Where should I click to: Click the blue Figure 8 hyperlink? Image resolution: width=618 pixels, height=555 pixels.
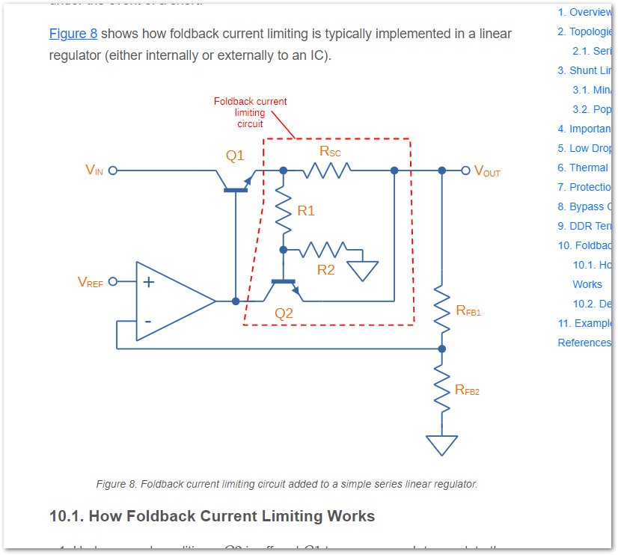coord(73,34)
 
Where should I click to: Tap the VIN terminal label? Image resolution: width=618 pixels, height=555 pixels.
coord(94,171)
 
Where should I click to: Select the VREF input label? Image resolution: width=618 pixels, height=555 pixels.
coord(91,282)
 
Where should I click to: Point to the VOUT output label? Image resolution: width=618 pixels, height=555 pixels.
coord(487,172)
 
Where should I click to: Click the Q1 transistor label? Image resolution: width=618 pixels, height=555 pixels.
coord(235,156)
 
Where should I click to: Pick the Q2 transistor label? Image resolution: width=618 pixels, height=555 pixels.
coord(284,314)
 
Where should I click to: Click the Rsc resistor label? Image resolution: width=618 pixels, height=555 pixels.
coord(330,152)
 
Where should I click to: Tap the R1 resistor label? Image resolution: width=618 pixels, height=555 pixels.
coord(306,211)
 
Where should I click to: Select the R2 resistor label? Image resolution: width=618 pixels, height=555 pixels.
coord(326,270)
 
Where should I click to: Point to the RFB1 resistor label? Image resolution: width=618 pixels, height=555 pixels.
coord(468,310)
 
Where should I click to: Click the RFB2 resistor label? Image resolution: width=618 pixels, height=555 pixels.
coord(468,390)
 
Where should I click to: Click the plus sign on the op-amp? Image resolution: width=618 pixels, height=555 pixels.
coord(149,282)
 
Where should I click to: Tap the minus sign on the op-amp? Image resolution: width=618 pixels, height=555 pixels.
coord(148,322)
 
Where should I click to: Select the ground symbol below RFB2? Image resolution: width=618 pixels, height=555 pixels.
coord(441,445)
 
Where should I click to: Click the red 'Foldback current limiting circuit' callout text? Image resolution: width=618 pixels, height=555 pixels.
coord(250,112)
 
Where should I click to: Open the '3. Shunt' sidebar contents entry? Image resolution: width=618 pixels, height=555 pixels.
coord(584,70)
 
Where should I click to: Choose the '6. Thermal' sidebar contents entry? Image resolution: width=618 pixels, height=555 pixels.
coord(584,168)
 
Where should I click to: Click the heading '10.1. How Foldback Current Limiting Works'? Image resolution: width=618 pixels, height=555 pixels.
coord(212,516)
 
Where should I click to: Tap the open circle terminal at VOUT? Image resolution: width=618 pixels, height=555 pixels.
coord(465,171)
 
